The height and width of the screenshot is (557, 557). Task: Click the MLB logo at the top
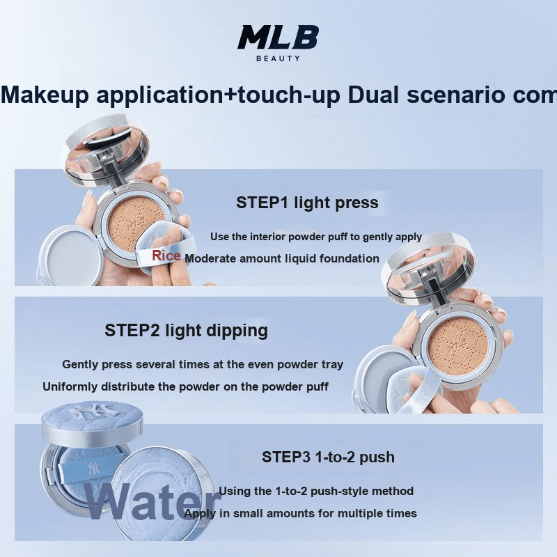[278, 37]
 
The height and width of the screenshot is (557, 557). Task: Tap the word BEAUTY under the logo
[278, 58]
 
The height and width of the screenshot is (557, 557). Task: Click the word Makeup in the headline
[45, 95]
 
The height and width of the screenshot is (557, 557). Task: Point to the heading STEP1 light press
[307, 203]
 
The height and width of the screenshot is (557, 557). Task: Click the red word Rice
[166, 256]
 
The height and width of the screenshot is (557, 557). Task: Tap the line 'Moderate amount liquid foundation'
[282, 258]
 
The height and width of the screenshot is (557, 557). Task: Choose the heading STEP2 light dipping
[186, 330]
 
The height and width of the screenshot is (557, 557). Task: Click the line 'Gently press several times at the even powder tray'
[203, 364]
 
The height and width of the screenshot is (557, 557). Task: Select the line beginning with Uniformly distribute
[185, 386]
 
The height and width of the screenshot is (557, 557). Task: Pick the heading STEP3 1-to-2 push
[328, 457]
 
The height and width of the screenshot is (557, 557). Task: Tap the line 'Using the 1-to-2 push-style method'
[316, 491]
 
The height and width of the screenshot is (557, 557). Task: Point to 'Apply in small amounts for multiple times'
[300, 513]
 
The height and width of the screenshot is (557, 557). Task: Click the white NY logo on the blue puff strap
[94, 469]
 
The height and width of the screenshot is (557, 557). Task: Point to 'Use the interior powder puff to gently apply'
[316, 237]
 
